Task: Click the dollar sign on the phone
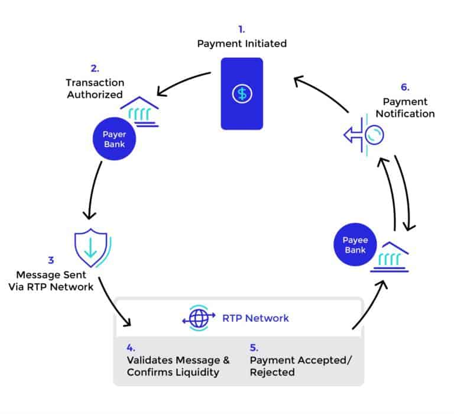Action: [241, 93]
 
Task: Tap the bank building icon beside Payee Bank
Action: [389, 258]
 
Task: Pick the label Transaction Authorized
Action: [95, 88]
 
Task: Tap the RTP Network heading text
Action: [255, 318]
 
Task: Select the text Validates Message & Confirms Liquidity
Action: [178, 366]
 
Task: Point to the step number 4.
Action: [131, 348]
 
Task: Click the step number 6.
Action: [405, 87]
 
